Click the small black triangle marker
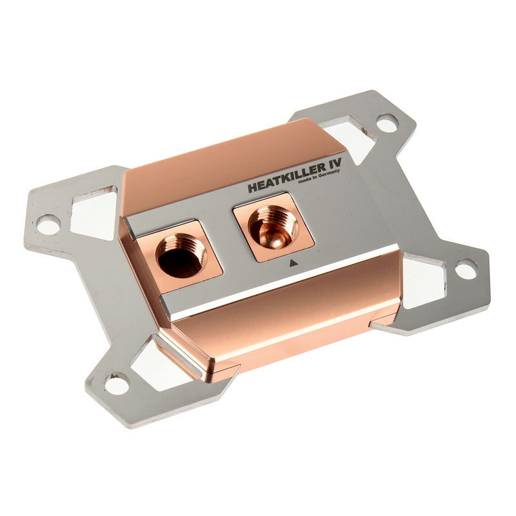coord(293,263)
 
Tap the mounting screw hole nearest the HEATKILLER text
coord(387,122)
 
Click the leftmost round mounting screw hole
coord(48,224)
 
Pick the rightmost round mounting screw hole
coord(466,269)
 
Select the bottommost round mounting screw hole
coord(117,384)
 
